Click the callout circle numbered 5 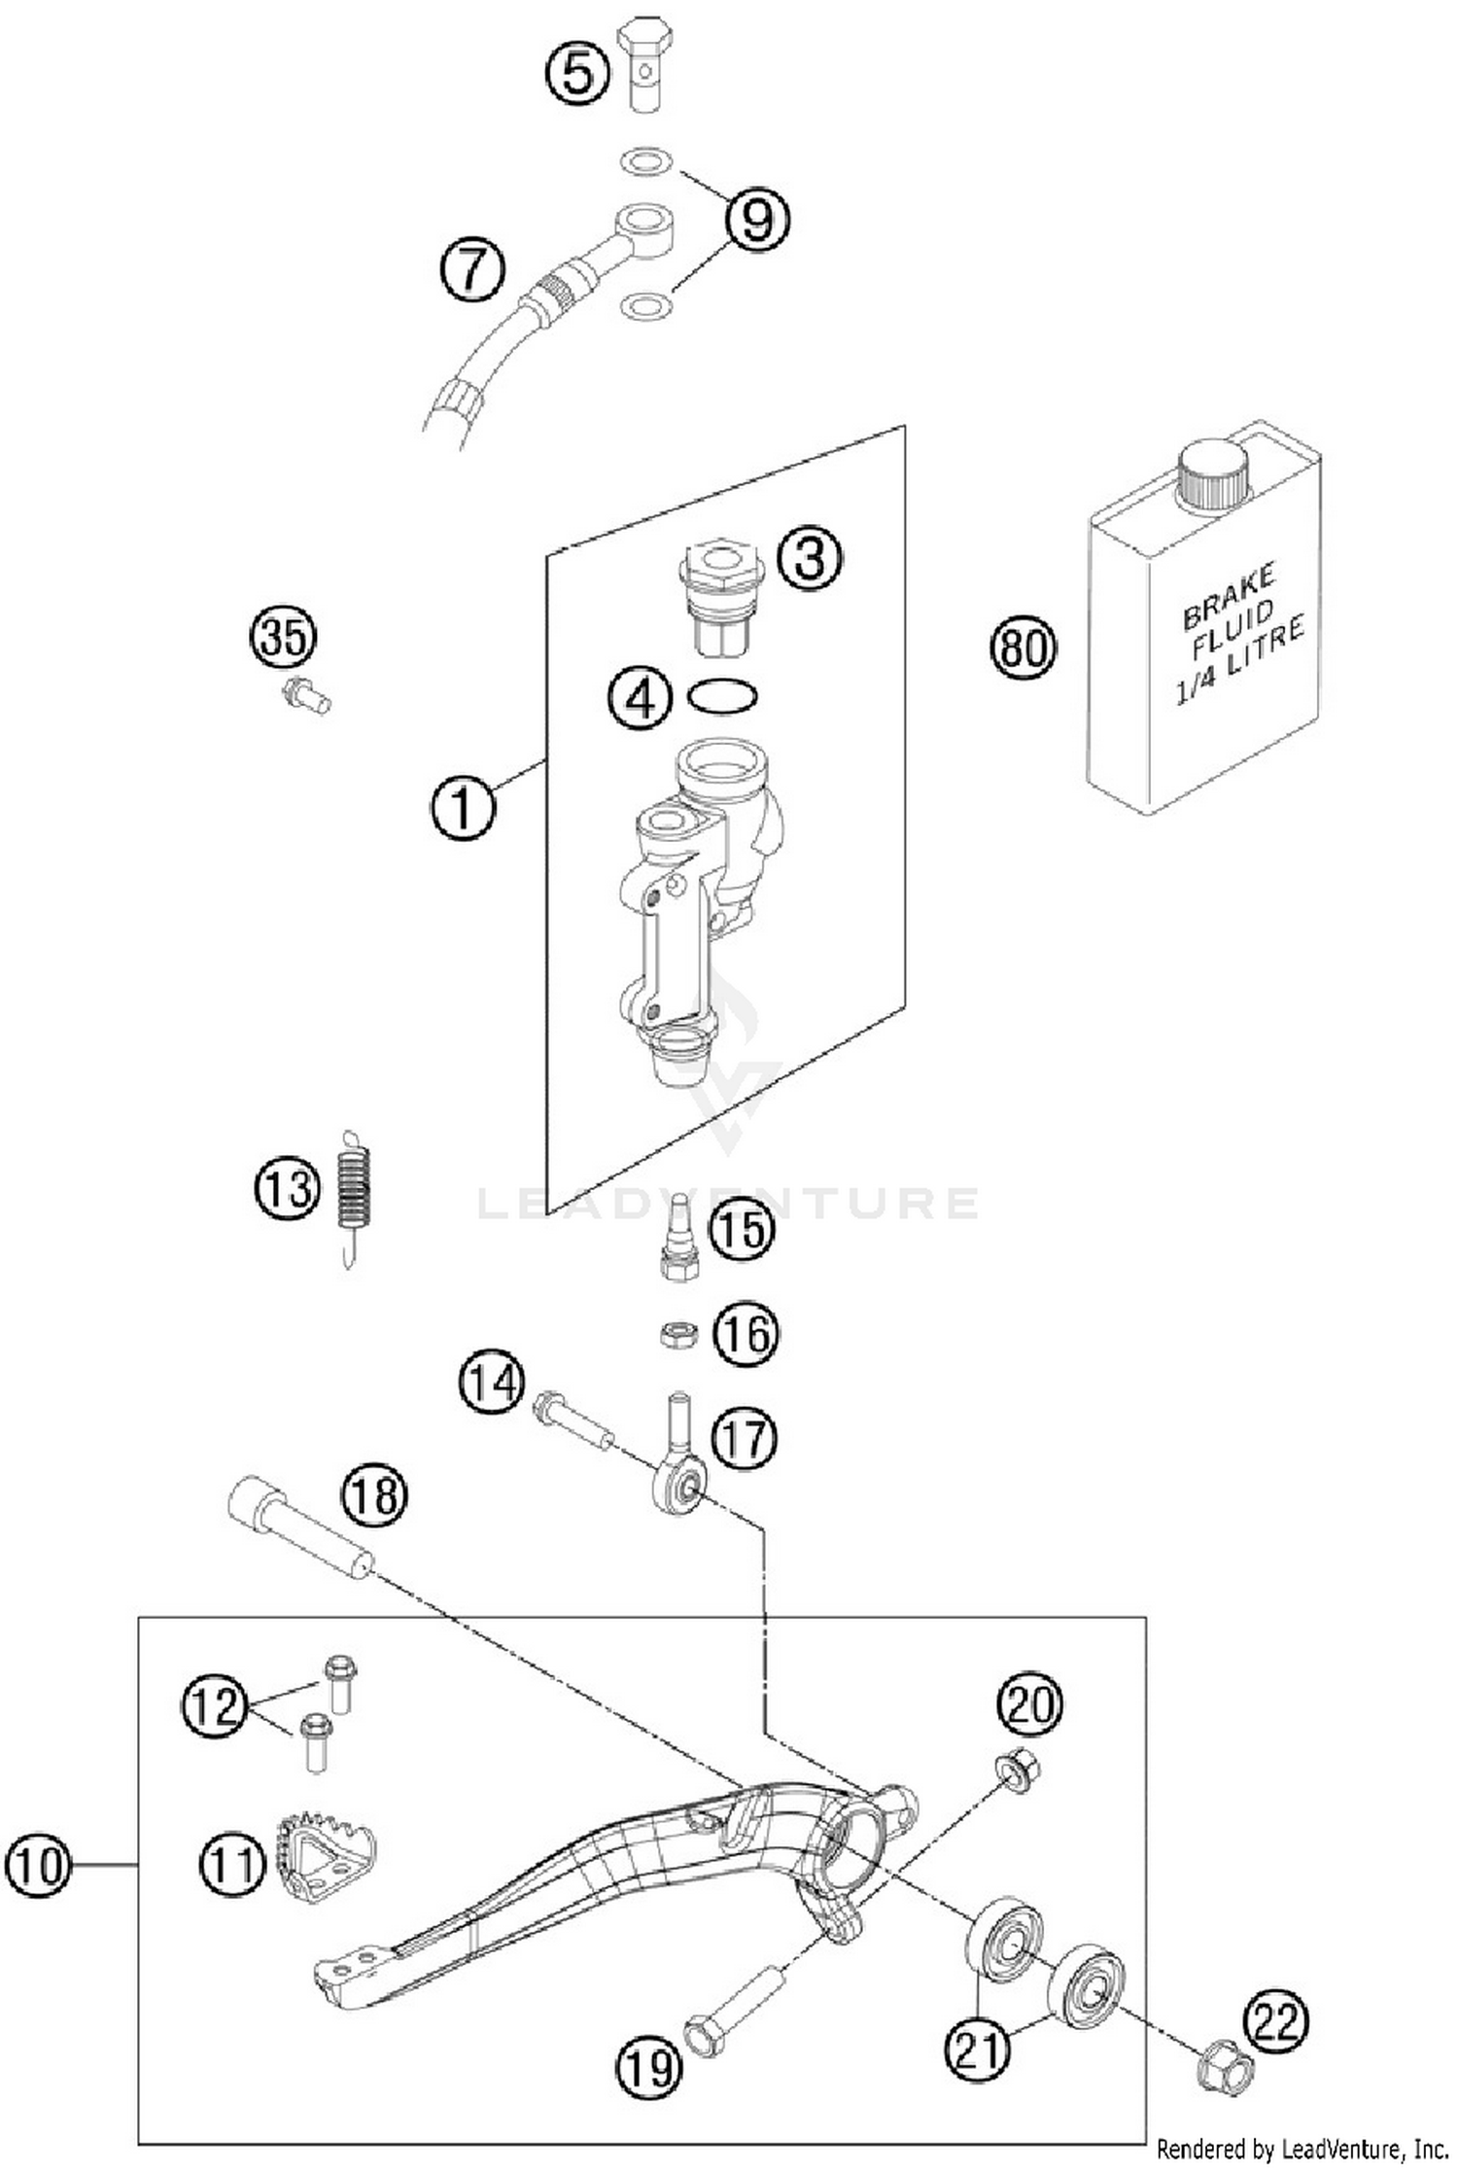point(577,73)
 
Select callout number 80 point(1023,647)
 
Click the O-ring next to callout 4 point(722,696)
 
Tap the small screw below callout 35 point(306,696)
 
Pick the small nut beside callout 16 point(678,1334)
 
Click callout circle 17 point(746,1437)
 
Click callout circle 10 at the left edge point(38,1866)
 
